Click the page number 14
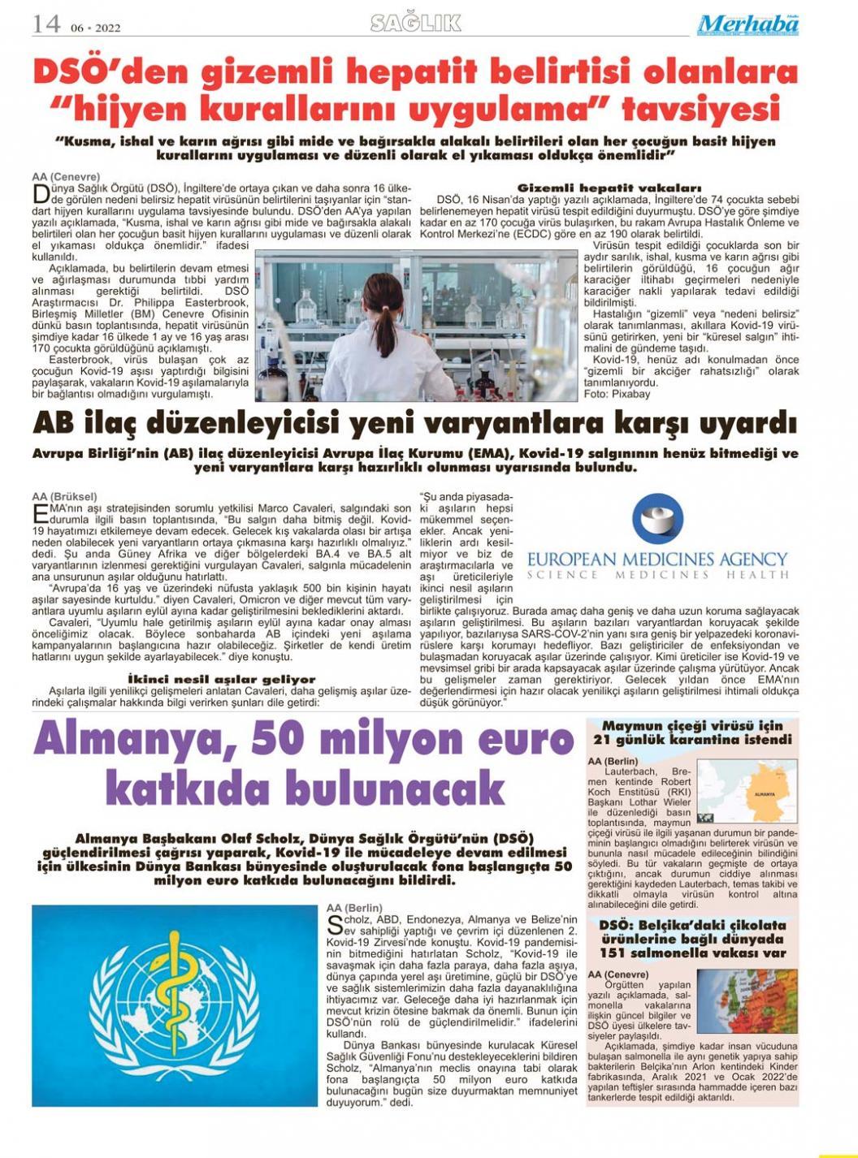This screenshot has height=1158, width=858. (x=46, y=24)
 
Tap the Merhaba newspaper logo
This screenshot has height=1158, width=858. (x=747, y=25)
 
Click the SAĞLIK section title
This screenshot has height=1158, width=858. (x=415, y=23)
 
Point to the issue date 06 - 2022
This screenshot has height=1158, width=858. (x=95, y=28)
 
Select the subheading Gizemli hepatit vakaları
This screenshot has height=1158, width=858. (x=609, y=188)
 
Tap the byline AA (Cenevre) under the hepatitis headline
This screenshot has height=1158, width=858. (x=66, y=176)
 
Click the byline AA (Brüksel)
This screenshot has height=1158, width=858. (x=64, y=496)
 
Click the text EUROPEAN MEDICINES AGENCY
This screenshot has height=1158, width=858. (x=656, y=560)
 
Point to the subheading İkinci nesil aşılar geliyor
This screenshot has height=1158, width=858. (x=222, y=679)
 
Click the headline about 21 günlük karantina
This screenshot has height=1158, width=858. (x=692, y=732)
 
